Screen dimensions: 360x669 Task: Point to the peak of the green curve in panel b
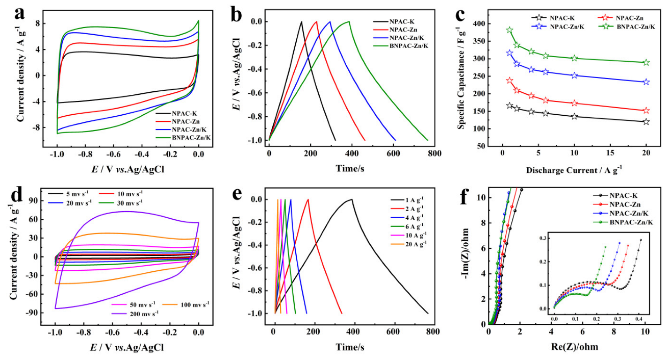(x=349, y=21)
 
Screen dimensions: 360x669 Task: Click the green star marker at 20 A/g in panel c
(x=646, y=63)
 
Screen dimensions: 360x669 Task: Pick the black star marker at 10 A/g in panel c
(x=575, y=116)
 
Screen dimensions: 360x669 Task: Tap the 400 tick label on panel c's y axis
(x=476, y=24)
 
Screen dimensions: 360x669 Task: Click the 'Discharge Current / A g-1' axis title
(x=574, y=168)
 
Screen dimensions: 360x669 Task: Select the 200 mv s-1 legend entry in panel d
(x=141, y=314)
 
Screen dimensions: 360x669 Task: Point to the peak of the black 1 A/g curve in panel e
(x=351, y=199)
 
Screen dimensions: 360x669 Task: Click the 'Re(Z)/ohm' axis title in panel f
(x=567, y=346)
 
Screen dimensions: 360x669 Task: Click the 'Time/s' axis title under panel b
(x=349, y=168)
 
